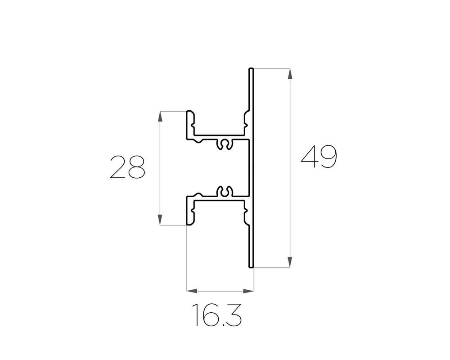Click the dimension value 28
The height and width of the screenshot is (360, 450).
click(128, 167)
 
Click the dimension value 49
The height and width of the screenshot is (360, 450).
click(319, 157)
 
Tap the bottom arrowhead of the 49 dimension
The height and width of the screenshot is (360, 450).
click(290, 262)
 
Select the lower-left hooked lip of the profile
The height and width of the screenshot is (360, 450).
click(191, 218)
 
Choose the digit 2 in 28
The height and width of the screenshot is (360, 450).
click(118, 167)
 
